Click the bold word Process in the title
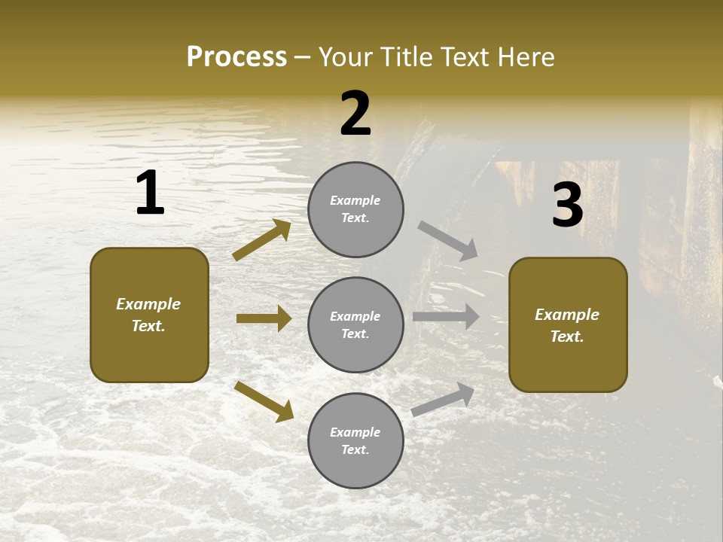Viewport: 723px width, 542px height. point(236,57)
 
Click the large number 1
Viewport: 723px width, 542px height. point(150,193)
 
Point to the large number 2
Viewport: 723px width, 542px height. point(355,114)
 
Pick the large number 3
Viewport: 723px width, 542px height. point(567,206)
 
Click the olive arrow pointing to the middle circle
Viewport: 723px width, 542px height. point(264,318)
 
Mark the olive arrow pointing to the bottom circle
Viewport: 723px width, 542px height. point(264,401)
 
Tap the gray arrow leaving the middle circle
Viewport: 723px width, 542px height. point(446,317)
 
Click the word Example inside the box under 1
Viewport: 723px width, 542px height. point(148,304)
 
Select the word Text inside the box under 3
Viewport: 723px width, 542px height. point(567,336)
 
